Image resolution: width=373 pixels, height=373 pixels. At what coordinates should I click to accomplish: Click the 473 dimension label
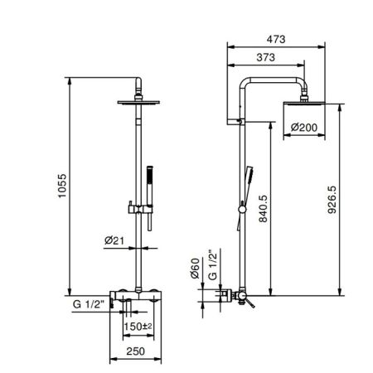click(276, 39)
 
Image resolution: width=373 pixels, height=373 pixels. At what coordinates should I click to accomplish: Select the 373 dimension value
click(265, 57)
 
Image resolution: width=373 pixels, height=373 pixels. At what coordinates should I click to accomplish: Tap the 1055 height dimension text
click(62, 186)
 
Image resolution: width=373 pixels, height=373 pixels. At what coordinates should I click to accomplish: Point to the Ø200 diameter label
click(304, 128)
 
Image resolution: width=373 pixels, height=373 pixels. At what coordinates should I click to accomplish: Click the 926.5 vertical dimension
click(332, 200)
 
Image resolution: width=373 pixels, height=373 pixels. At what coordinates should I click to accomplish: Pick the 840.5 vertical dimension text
click(263, 209)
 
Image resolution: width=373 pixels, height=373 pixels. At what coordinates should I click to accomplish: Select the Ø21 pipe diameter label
click(114, 240)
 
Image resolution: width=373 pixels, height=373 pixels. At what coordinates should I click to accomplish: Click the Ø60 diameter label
click(195, 269)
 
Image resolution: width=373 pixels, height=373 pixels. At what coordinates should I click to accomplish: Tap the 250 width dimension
click(135, 351)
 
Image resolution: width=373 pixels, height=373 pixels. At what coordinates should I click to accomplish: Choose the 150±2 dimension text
click(138, 327)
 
